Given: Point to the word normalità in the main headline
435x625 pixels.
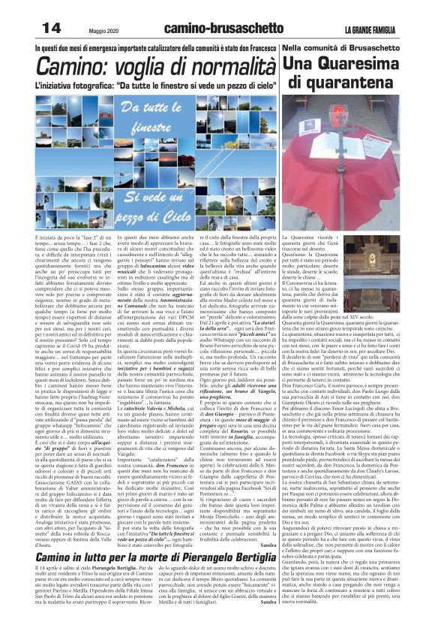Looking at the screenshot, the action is click(x=221, y=66).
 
